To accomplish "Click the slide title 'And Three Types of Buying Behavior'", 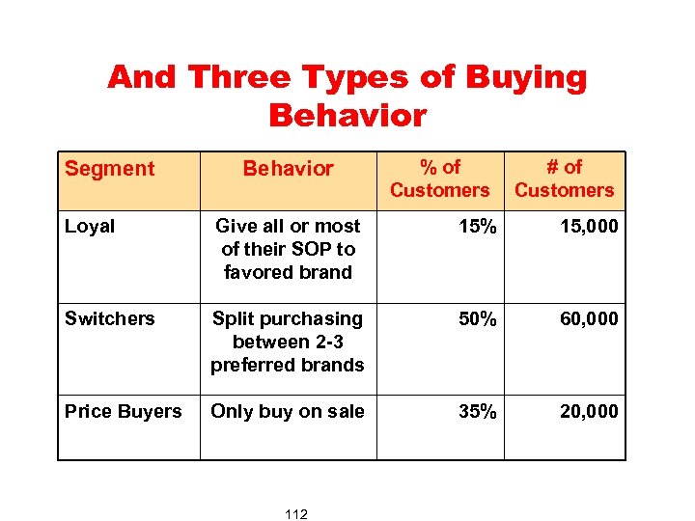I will tap(347, 96).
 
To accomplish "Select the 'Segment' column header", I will tap(109, 169).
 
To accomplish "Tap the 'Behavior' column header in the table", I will tap(288, 169).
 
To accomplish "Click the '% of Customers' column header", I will tap(439, 178).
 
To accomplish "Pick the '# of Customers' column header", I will tap(564, 178).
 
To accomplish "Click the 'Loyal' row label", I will tap(90, 227).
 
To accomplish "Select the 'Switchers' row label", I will tap(109, 319).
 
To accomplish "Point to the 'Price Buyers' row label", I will tap(123, 412).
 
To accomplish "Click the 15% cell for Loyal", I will tap(478, 227).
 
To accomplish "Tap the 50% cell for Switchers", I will tap(478, 319).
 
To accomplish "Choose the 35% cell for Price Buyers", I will tap(478, 412).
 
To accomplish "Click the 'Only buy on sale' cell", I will tap(288, 412).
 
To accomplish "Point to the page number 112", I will tap(296, 514).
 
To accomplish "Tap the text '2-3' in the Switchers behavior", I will tap(326, 343).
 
